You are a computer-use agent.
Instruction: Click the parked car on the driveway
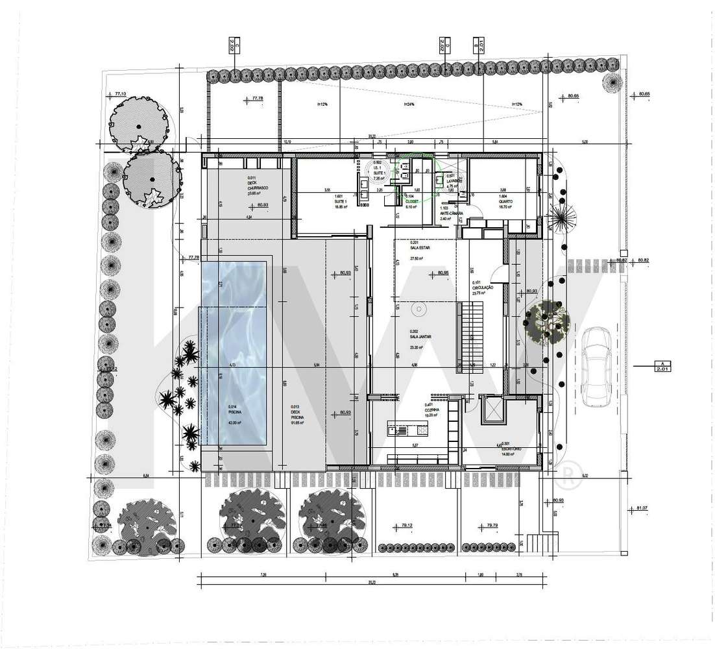coord(596,367)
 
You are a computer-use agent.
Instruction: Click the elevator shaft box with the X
coord(493,410)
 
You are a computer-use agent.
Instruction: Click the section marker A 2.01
coord(662,367)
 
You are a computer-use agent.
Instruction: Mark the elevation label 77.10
coord(120,94)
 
